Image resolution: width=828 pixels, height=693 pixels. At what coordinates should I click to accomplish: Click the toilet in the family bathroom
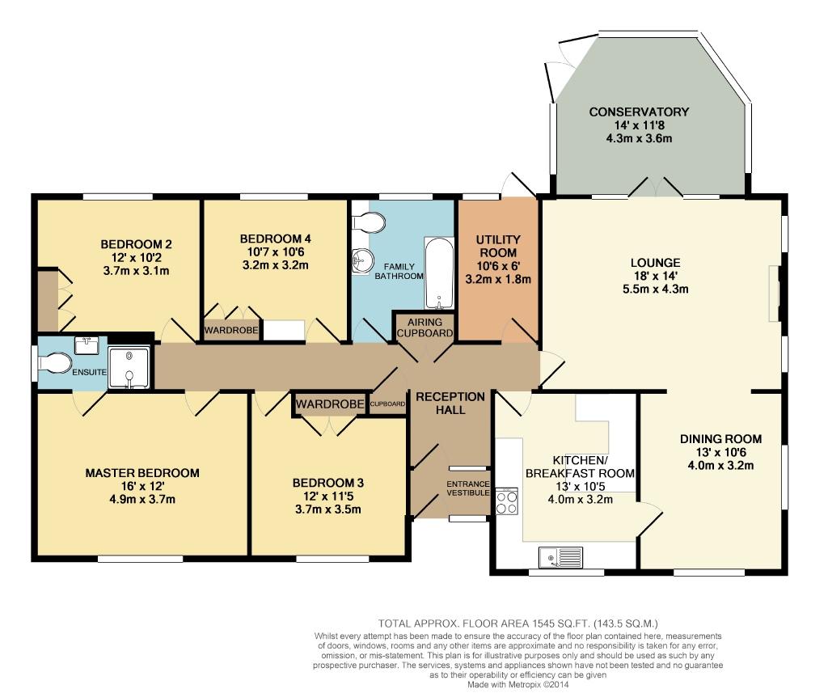click(x=368, y=222)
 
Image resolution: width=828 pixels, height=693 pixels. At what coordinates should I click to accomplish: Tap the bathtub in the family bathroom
click(x=439, y=273)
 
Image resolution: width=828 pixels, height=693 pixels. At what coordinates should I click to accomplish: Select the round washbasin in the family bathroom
click(x=362, y=260)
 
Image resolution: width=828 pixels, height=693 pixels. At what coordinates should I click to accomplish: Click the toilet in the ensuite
click(x=54, y=364)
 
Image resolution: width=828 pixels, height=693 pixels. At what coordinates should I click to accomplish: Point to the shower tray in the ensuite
click(x=129, y=368)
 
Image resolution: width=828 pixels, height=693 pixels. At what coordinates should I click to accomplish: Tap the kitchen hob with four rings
click(x=507, y=501)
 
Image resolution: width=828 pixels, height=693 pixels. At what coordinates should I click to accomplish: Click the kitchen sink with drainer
click(x=561, y=557)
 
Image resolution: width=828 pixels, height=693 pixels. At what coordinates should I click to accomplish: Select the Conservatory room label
click(x=639, y=112)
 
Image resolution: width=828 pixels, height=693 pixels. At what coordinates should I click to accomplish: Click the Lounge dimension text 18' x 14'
click(x=655, y=276)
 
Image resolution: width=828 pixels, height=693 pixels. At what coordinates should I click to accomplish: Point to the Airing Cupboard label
click(x=425, y=327)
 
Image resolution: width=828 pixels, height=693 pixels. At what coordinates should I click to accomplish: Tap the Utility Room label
click(x=498, y=246)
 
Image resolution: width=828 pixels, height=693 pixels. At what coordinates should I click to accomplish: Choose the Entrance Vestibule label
click(x=468, y=488)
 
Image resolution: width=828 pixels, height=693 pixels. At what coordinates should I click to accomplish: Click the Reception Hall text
click(x=450, y=403)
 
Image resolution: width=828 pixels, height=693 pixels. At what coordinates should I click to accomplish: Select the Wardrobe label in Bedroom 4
click(x=231, y=331)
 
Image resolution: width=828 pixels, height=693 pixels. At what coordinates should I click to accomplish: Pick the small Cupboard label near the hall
click(x=387, y=404)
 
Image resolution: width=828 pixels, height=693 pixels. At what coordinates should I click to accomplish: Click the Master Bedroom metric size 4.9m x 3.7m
click(x=142, y=499)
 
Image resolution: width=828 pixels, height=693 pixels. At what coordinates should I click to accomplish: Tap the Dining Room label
click(x=720, y=439)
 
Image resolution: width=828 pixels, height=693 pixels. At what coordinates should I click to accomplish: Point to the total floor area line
click(x=518, y=623)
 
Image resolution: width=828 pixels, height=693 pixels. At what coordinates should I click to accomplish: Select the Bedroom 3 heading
click(x=328, y=483)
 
